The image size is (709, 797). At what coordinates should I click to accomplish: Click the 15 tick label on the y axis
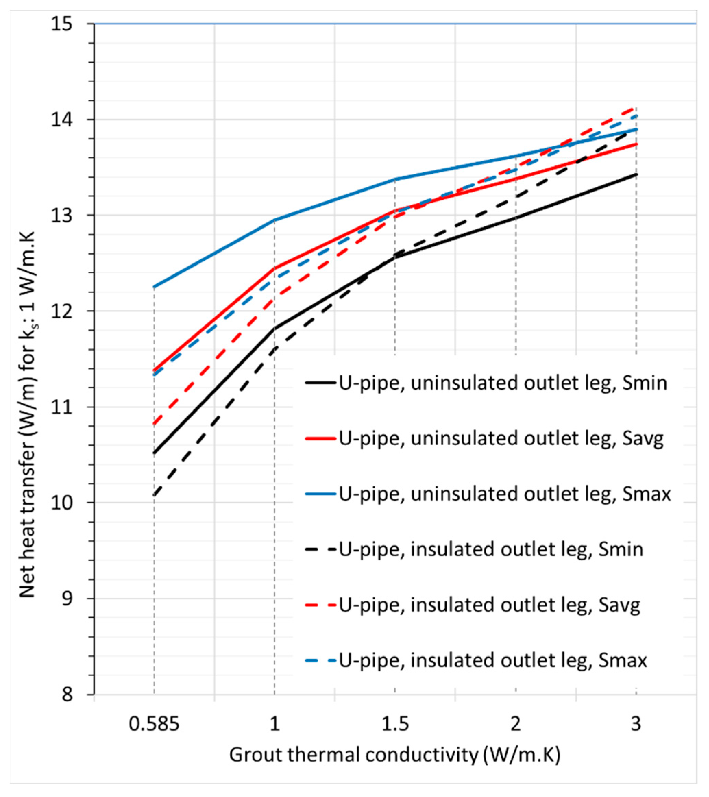tap(62, 24)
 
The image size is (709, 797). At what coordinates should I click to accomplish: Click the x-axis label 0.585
tap(155, 724)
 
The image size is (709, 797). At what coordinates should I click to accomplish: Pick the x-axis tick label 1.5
tap(395, 724)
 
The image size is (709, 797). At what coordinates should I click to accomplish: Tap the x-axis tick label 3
tap(636, 724)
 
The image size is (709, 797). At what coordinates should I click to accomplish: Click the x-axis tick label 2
tap(516, 724)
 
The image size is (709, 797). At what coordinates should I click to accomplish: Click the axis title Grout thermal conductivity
tap(395, 755)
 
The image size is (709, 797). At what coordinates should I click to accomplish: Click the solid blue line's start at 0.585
tap(154, 287)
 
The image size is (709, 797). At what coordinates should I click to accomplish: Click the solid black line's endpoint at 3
tap(636, 174)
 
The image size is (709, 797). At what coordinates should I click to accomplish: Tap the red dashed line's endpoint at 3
tap(636, 107)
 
